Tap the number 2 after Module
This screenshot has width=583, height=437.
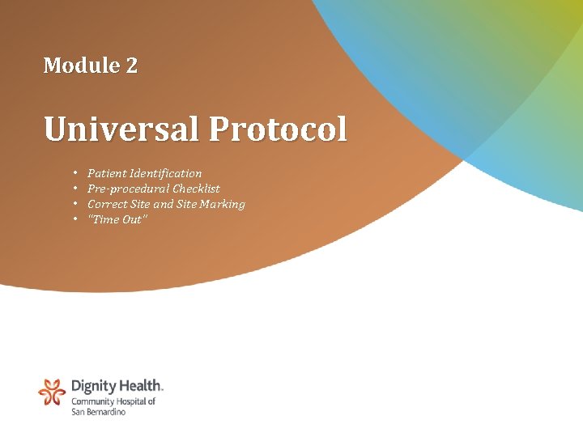click(x=131, y=66)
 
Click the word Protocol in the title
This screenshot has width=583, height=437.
click(x=278, y=129)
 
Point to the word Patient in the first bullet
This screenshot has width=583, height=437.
click(x=105, y=173)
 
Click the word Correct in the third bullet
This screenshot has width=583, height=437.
click(x=107, y=204)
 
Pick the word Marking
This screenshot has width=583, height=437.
click(x=223, y=204)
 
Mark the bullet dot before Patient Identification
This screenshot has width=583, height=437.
click(x=74, y=173)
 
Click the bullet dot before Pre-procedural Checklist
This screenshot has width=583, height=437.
click(x=74, y=189)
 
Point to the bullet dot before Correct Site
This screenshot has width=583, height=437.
click(x=74, y=204)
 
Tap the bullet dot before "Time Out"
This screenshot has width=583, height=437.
click(x=74, y=219)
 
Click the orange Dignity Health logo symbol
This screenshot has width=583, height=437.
click(x=52, y=392)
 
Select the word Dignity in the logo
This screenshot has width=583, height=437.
click(x=94, y=387)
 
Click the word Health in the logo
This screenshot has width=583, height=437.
click(x=141, y=387)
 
